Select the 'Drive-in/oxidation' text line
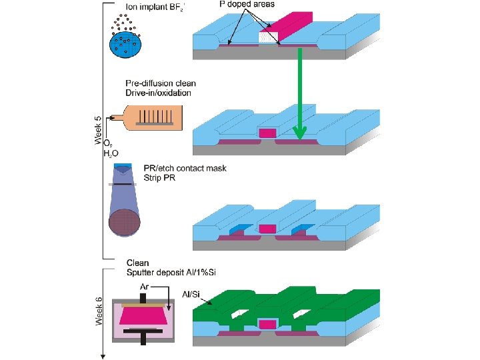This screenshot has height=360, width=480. click(159, 93)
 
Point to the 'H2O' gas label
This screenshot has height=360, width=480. click(110, 153)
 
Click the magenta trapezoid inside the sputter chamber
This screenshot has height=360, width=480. click(143, 313)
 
